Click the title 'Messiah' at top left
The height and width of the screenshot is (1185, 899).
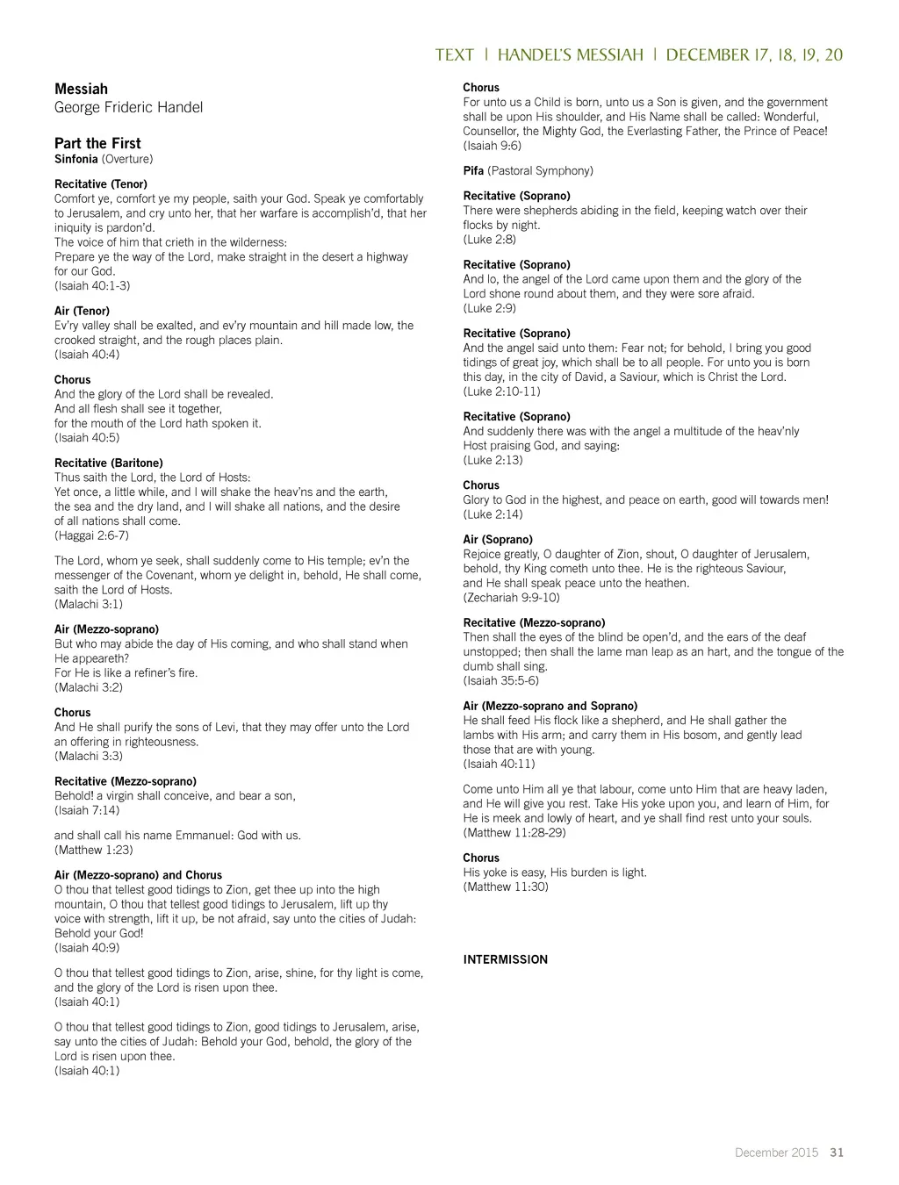pos(81,89)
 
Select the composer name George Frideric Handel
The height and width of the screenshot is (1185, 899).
pos(128,107)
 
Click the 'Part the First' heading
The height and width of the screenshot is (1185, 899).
pos(97,143)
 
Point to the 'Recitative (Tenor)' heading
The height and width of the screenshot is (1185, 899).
pos(101,184)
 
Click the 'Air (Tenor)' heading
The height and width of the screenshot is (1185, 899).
pos(82,311)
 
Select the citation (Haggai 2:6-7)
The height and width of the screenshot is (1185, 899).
pos(91,535)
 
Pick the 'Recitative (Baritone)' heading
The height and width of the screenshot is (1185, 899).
pos(108,463)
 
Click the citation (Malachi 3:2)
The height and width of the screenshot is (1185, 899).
pos(89,687)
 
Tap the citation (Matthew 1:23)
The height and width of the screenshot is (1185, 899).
pos(94,850)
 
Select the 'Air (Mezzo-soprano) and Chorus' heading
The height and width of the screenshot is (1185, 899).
pos(138,875)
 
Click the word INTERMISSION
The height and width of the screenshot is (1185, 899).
pos(505,959)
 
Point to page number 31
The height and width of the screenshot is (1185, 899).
pos(837,1153)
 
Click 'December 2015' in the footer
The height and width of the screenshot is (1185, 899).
pos(776,1153)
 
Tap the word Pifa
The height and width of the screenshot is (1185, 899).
pos(473,170)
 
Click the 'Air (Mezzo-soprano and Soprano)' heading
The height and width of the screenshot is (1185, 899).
pos(550,706)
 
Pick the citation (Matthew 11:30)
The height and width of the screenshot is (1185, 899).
pos(506,887)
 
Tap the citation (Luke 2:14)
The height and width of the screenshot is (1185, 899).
pos(493,514)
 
